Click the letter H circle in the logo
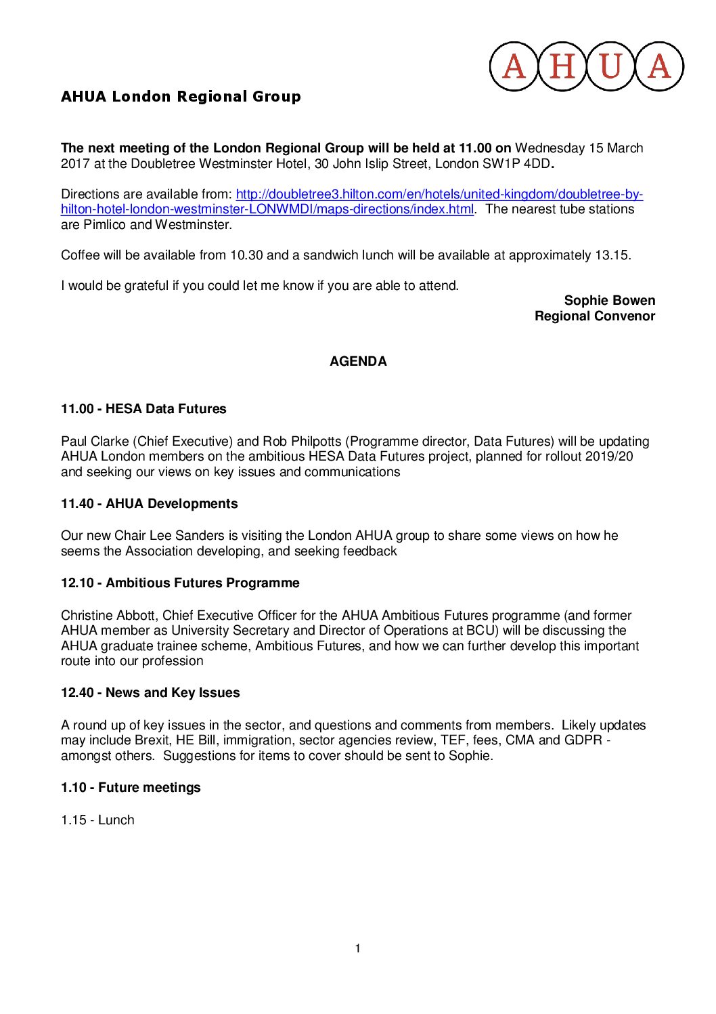562,66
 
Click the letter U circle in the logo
610,66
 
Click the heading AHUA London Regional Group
181,96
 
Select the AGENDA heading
358,361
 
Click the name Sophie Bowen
609,300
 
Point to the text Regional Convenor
594,316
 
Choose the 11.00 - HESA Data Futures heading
143,408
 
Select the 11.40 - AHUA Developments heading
149,503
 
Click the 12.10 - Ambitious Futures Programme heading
180,583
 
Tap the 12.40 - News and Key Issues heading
150,692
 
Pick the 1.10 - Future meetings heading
131,787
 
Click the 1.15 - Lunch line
97,820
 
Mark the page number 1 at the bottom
357,948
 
